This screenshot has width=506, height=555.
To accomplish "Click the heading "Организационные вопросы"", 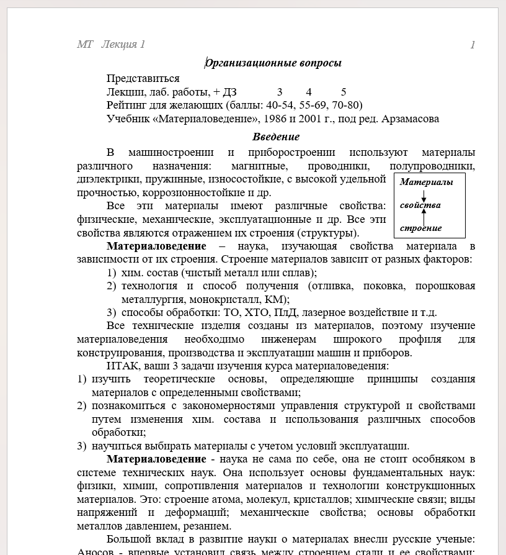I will coord(273,63).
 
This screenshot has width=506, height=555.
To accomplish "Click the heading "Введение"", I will coord(276,137).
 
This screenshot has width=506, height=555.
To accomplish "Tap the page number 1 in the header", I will coord(473,44).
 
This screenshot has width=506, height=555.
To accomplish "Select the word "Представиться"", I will coord(143,78).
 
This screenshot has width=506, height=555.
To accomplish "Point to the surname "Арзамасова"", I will coord(410,119).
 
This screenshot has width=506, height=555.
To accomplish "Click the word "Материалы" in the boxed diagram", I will coord(426,182).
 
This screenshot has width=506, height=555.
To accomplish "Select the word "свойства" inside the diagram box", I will coord(420,205).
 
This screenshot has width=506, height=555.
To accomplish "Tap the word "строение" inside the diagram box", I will coord(420,228).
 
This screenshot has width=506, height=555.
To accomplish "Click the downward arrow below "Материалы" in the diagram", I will coord(424,194).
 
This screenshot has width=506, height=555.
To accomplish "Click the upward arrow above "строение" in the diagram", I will coord(424,216).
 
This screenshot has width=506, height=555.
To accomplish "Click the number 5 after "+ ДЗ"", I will coord(344,92).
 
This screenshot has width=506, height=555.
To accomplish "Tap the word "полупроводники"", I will coord(432,166).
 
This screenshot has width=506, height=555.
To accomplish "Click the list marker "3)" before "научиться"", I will coord(81,446).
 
